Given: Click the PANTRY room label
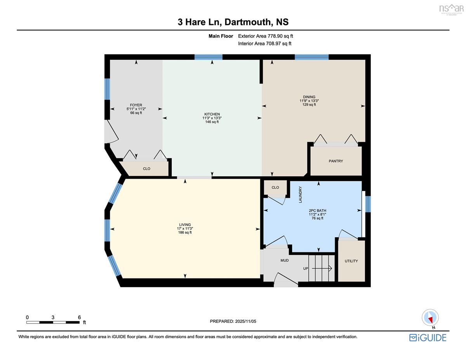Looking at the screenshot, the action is point(336,161).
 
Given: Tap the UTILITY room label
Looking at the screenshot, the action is point(351,261).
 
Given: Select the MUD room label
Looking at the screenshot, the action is point(284,261).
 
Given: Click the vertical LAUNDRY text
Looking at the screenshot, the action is point(300,195).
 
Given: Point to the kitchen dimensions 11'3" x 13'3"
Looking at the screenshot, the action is point(212,118).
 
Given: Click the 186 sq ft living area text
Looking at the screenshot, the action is point(184,232).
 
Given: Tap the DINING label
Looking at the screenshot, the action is point(309,97).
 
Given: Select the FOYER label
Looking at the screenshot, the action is point(136,105).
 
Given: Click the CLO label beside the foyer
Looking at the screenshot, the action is point(146,169).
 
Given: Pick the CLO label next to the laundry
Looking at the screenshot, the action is point(275,188).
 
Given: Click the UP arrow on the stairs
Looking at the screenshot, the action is point(322,268).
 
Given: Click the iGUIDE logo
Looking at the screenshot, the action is point(428,338).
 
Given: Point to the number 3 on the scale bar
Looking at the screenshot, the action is point(53,317).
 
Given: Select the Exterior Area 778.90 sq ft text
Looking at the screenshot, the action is point(265,36).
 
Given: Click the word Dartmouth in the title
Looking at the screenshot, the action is point(248,22).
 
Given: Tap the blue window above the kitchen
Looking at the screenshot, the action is point(208,57).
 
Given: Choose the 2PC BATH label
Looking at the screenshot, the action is point(317,210).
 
